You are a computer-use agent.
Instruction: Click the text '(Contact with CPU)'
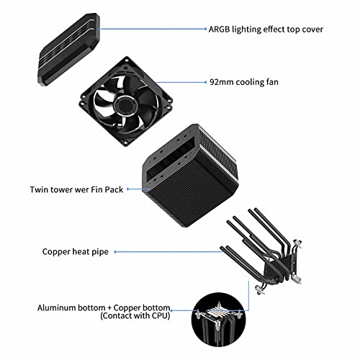[135, 315]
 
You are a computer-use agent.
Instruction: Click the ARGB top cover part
[69, 50]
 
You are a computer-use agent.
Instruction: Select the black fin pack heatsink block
[190, 176]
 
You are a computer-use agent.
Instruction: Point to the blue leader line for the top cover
[153, 29]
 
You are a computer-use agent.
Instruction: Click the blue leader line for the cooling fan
[181, 82]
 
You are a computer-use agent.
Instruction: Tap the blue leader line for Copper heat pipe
[168, 252]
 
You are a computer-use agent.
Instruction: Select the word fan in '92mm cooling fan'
[272, 82]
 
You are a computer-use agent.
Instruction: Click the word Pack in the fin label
[114, 189]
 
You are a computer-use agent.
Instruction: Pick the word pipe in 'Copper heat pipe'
[100, 252]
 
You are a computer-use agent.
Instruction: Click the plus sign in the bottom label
[109, 308]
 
